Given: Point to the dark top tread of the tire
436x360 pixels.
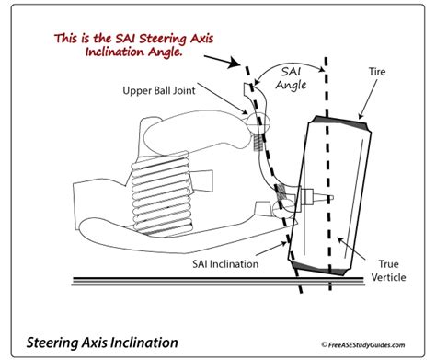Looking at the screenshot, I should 340,122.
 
